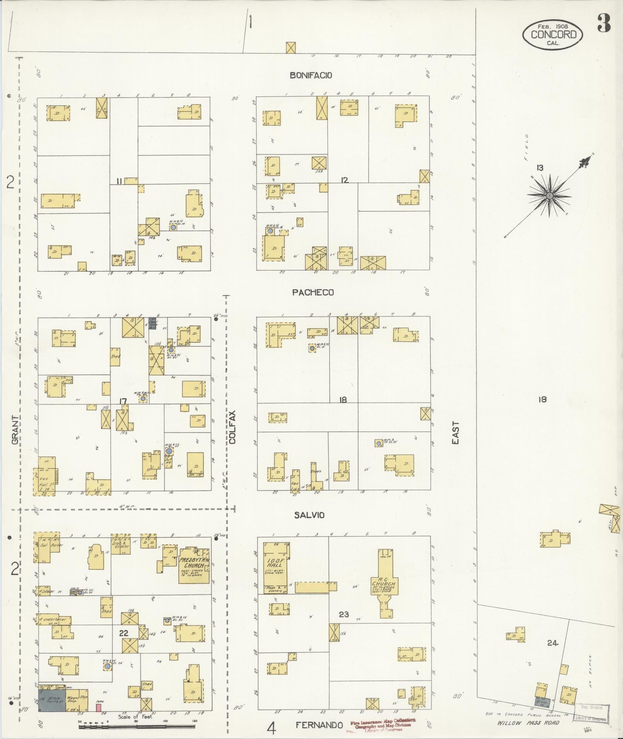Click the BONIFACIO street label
point(311,76)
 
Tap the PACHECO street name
point(313,292)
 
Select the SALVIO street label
point(309,515)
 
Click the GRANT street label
point(15,430)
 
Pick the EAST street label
point(456,433)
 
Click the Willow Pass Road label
point(528,723)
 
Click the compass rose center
point(549,196)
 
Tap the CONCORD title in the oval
point(553,34)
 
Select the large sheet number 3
point(603,23)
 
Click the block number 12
point(345,180)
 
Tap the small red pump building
point(98,707)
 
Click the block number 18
point(343,400)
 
